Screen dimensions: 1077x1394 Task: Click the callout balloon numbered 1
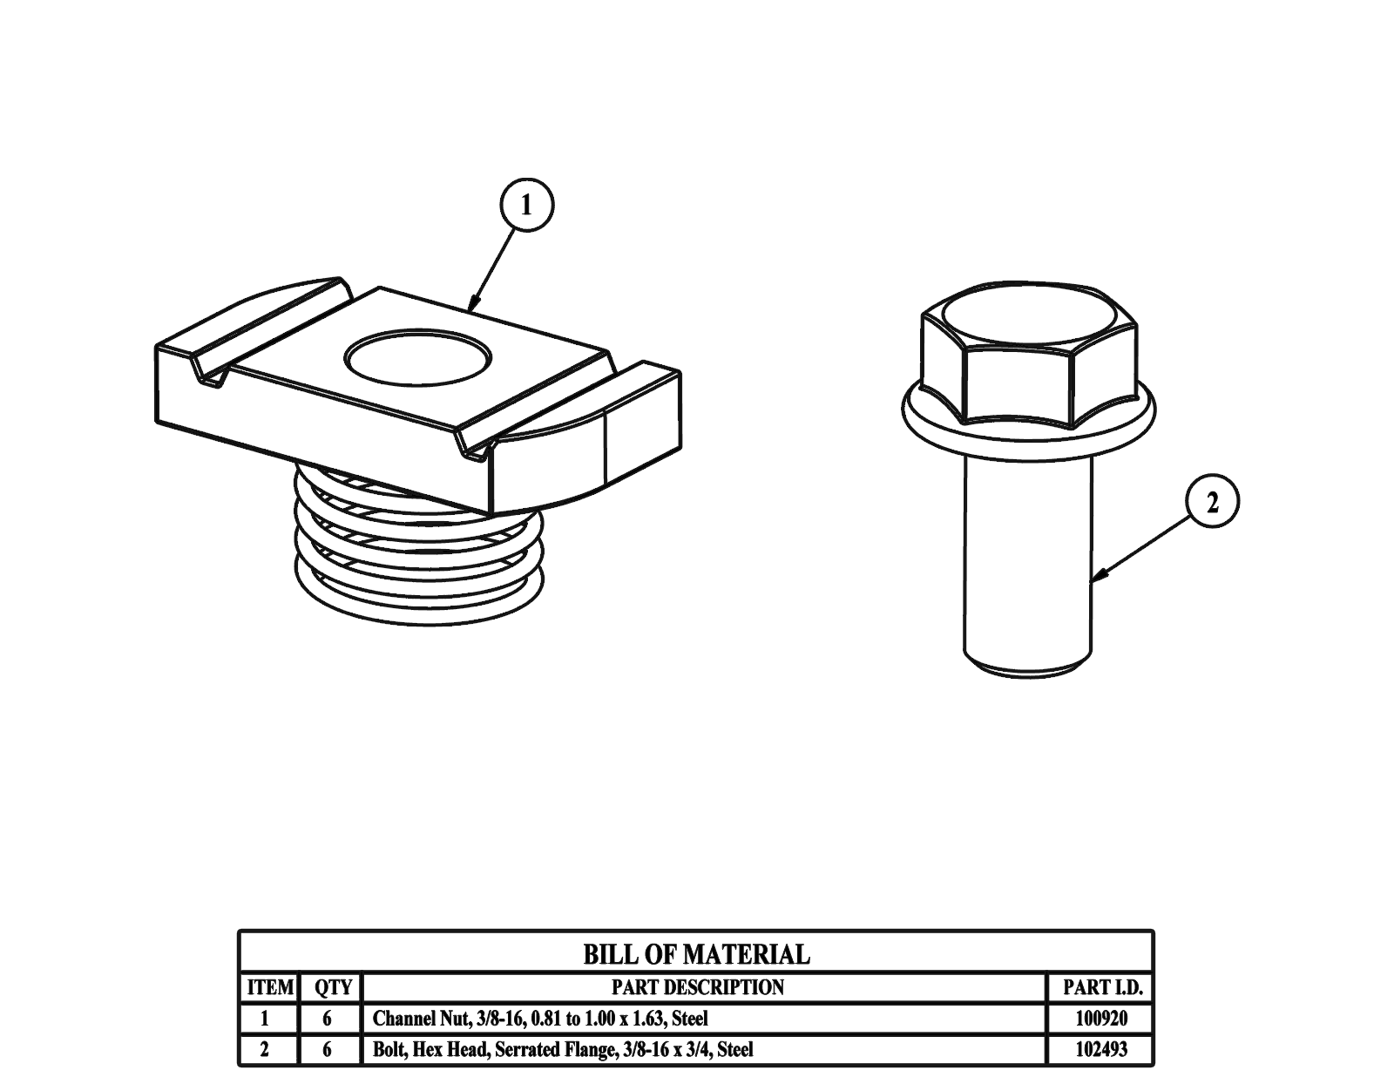click(x=525, y=206)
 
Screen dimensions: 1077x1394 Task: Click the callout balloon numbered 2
click(x=1212, y=502)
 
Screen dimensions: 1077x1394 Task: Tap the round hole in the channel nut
click(x=418, y=357)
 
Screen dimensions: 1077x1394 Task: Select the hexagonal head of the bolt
click(x=1028, y=357)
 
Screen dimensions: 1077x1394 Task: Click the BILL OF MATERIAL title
click(x=696, y=954)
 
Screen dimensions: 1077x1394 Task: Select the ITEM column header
click(x=270, y=987)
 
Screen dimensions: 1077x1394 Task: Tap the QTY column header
click(x=332, y=987)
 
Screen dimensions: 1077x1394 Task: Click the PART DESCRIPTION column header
click(x=697, y=987)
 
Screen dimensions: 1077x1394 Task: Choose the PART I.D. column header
click(x=1101, y=987)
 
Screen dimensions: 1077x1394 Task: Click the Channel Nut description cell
click(x=540, y=1018)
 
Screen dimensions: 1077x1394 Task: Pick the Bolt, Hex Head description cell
click(x=563, y=1049)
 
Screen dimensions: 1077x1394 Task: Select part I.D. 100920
click(x=1101, y=1018)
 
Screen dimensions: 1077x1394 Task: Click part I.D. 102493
click(x=1101, y=1049)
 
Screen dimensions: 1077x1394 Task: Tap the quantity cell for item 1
click(x=327, y=1018)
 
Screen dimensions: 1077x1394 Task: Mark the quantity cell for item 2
click(x=327, y=1049)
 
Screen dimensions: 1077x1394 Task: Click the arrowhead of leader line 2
click(x=1098, y=576)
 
